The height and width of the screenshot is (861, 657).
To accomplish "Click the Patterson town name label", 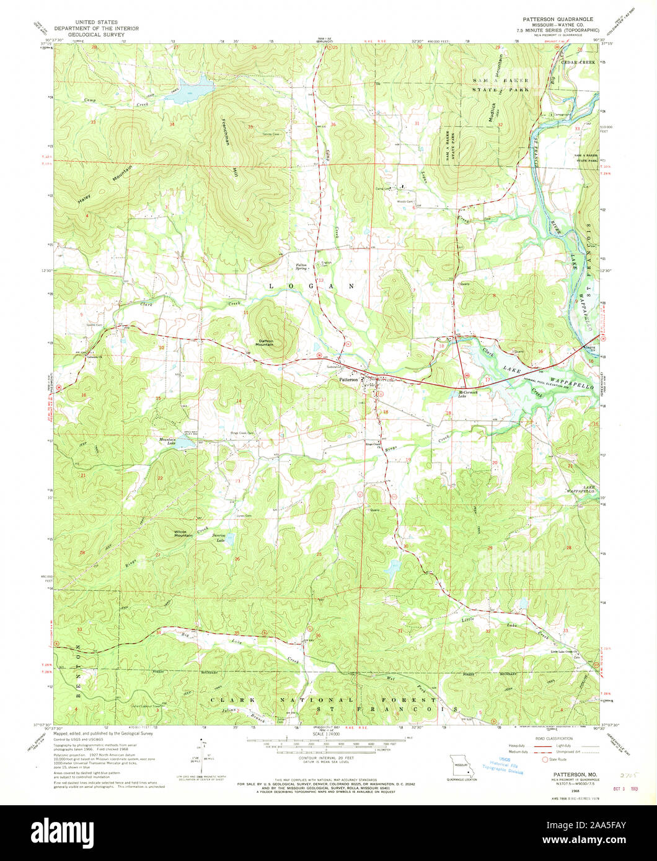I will (x=348, y=380).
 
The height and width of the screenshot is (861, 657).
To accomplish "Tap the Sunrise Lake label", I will (x=219, y=537).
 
